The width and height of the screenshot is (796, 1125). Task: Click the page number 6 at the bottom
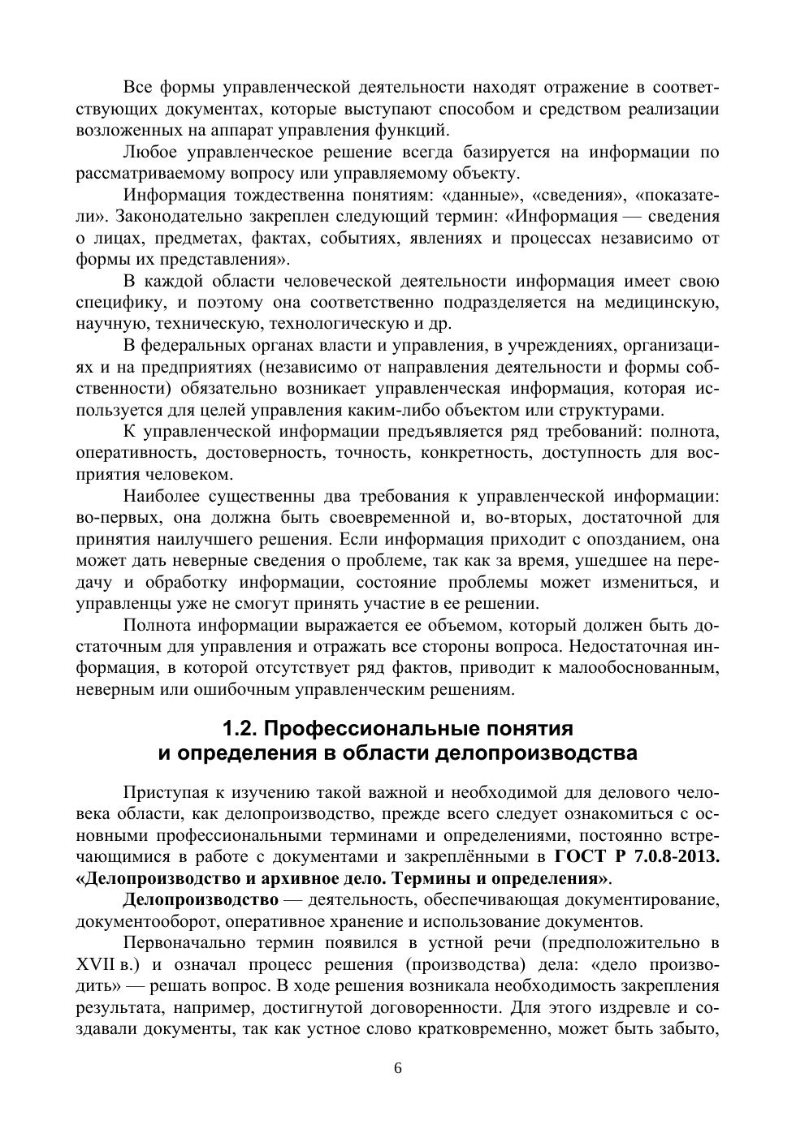398,1067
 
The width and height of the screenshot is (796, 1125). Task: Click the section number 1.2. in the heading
241,727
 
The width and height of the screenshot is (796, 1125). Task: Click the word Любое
149,152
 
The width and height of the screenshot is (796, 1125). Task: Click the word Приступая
162,792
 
